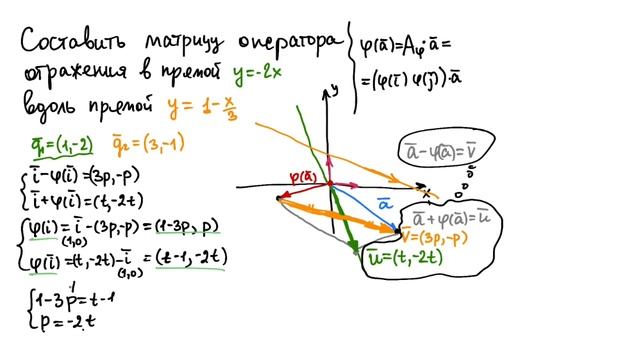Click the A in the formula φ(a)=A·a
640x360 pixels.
[425, 44]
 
